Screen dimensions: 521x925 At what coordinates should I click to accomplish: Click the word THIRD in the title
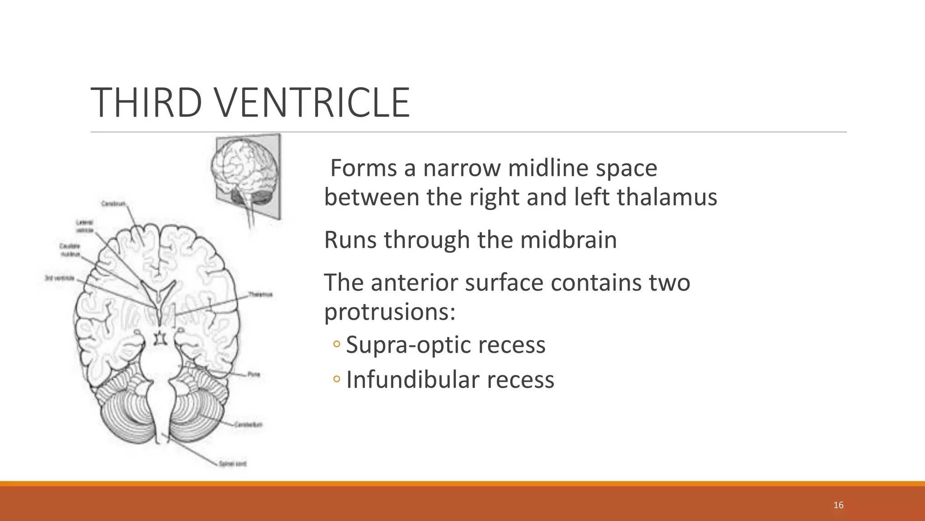(x=146, y=103)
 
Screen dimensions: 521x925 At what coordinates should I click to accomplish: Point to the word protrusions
(x=389, y=312)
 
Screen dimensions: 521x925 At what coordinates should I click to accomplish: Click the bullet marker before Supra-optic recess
(x=336, y=345)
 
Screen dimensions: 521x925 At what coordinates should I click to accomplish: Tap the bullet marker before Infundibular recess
(x=336, y=379)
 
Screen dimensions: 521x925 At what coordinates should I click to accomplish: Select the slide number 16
(x=838, y=505)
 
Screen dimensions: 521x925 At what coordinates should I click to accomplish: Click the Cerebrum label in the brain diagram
(x=113, y=204)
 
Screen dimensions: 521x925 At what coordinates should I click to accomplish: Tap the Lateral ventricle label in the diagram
(x=84, y=226)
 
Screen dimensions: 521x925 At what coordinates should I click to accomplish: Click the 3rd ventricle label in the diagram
(x=60, y=278)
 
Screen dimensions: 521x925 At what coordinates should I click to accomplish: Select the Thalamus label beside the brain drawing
(x=261, y=295)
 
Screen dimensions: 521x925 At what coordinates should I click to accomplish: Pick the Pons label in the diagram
(x=254, y=374)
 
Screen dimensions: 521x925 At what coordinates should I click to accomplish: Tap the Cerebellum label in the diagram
(x=248, y=425)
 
